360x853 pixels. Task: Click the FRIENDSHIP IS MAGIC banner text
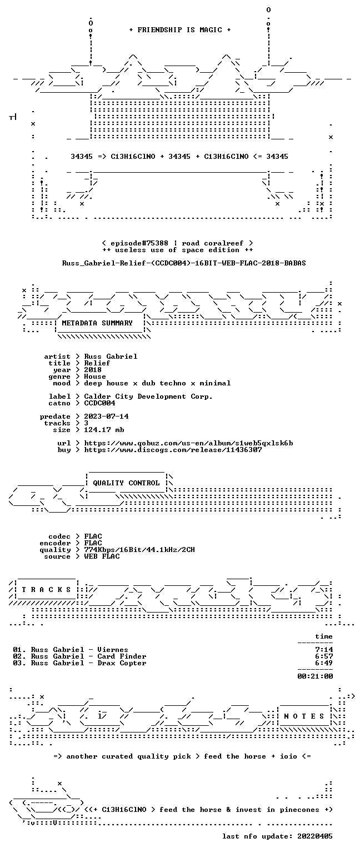pyautogui.click(x=180, y=29)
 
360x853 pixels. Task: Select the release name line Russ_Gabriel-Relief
pyautogui.click(x=184, y=263)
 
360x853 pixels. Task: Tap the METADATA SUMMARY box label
pyautogui.click(x=97, y=323)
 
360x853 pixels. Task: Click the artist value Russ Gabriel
pyautogui.click(x=111, y=357)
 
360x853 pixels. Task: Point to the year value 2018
pyautogui.click(x=93, y=370)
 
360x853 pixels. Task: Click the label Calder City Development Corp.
pyautogui.click(x=148, y=397)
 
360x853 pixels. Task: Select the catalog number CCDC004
pyautogui.click(x=99, y=403)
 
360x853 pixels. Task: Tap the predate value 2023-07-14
pyautogui.click(x=106, y=417)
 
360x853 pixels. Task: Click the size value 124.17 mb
pyautogui.click(x=104, y=430)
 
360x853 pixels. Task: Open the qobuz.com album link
pyautogui.click(x=188, y=443)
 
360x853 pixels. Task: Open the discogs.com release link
pyautogui.click(x=173, y=450)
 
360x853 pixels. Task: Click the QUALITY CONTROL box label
pyautogui.click(x=126, y=483)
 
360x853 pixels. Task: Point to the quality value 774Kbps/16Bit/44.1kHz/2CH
pyautogui.click(x=139, y=550)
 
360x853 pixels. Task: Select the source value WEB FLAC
pyautogui.click(x=102, y=556)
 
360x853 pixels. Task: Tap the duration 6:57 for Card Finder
pyautogui.click(x=324, y=656)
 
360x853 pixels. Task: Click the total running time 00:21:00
pyautogui.click(x=315, y=676)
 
